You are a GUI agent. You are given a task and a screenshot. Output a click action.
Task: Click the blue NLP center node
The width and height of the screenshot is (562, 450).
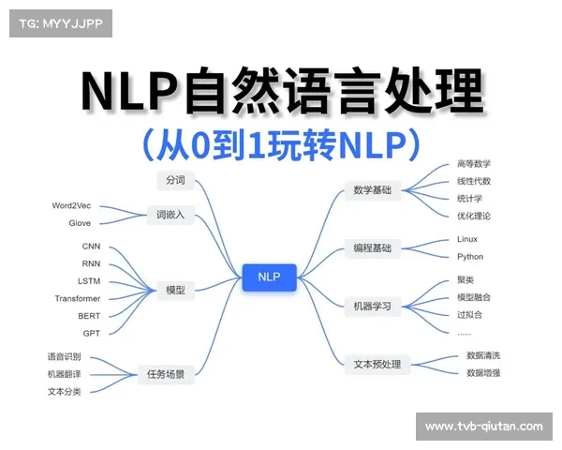(x=269, y=277)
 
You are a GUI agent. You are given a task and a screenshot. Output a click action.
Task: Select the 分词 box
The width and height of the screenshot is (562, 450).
(x=175, y=180)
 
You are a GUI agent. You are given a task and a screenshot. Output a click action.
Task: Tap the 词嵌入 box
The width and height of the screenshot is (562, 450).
(x=170, y=215)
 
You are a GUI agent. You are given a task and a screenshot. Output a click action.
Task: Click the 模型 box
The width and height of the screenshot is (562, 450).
(x=175, y=291)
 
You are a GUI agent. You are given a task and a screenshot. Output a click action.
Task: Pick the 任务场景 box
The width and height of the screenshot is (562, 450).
(x=166, y=373)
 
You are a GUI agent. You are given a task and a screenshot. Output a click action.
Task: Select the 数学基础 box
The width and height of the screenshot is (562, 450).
(x=372, y=191)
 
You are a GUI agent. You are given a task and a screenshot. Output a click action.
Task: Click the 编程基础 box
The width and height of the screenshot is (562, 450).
(x=372, y=248)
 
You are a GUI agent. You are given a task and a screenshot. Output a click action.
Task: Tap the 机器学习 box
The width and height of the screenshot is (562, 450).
(x=372, y=306)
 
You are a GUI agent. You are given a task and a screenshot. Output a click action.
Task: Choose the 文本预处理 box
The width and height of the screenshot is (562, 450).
(x=377, y=364)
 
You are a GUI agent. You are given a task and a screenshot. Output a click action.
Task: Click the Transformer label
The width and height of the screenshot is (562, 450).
(x=77, y=298)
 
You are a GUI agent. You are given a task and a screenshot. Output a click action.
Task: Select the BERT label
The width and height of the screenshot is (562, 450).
(x=89, y=316)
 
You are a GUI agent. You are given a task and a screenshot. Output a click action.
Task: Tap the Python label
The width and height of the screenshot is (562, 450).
(x=470, y=256)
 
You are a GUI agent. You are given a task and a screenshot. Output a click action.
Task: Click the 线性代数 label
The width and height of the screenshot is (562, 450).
(x=474, y=181)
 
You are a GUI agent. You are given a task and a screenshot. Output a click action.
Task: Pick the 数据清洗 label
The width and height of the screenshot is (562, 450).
(x=483, y=355)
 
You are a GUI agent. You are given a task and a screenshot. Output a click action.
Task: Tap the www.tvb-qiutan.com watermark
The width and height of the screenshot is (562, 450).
(x=483, y=427)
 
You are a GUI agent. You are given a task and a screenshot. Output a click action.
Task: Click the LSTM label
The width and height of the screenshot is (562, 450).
(x=89, y=281)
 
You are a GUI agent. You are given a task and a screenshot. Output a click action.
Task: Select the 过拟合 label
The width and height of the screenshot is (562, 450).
(x=469, y=314)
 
